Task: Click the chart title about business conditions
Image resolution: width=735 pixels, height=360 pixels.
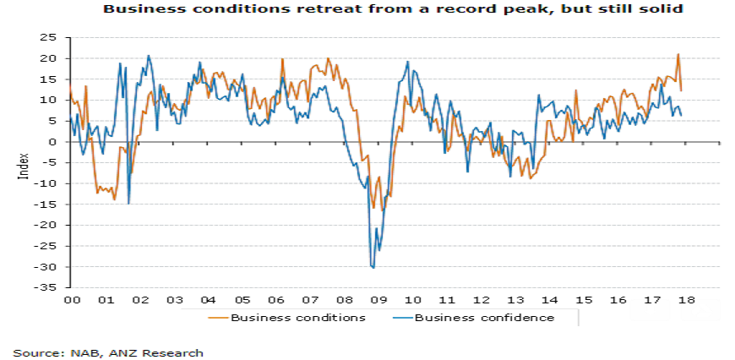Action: coord(391,9)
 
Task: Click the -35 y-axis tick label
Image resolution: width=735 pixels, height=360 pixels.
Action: coord(52,288)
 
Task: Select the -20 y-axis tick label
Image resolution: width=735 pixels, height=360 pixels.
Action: coord(52,226)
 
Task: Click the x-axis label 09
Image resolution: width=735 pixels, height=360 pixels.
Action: coord(378,300)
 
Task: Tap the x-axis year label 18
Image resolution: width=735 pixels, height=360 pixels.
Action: coord(685,300)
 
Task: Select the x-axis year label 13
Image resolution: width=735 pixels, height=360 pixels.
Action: coord(515,300)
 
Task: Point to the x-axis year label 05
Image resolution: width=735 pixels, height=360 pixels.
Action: coord(242,300)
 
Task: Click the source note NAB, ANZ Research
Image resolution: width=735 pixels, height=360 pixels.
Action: coord(108,352)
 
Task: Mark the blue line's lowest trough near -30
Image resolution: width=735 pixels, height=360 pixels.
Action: coord(373,268)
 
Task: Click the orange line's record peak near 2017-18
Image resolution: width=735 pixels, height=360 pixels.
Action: coord(678,55)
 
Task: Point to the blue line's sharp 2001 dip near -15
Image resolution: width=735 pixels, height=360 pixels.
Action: coord(128,203)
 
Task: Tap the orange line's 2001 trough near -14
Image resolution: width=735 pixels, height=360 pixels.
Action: coord(114,199)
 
